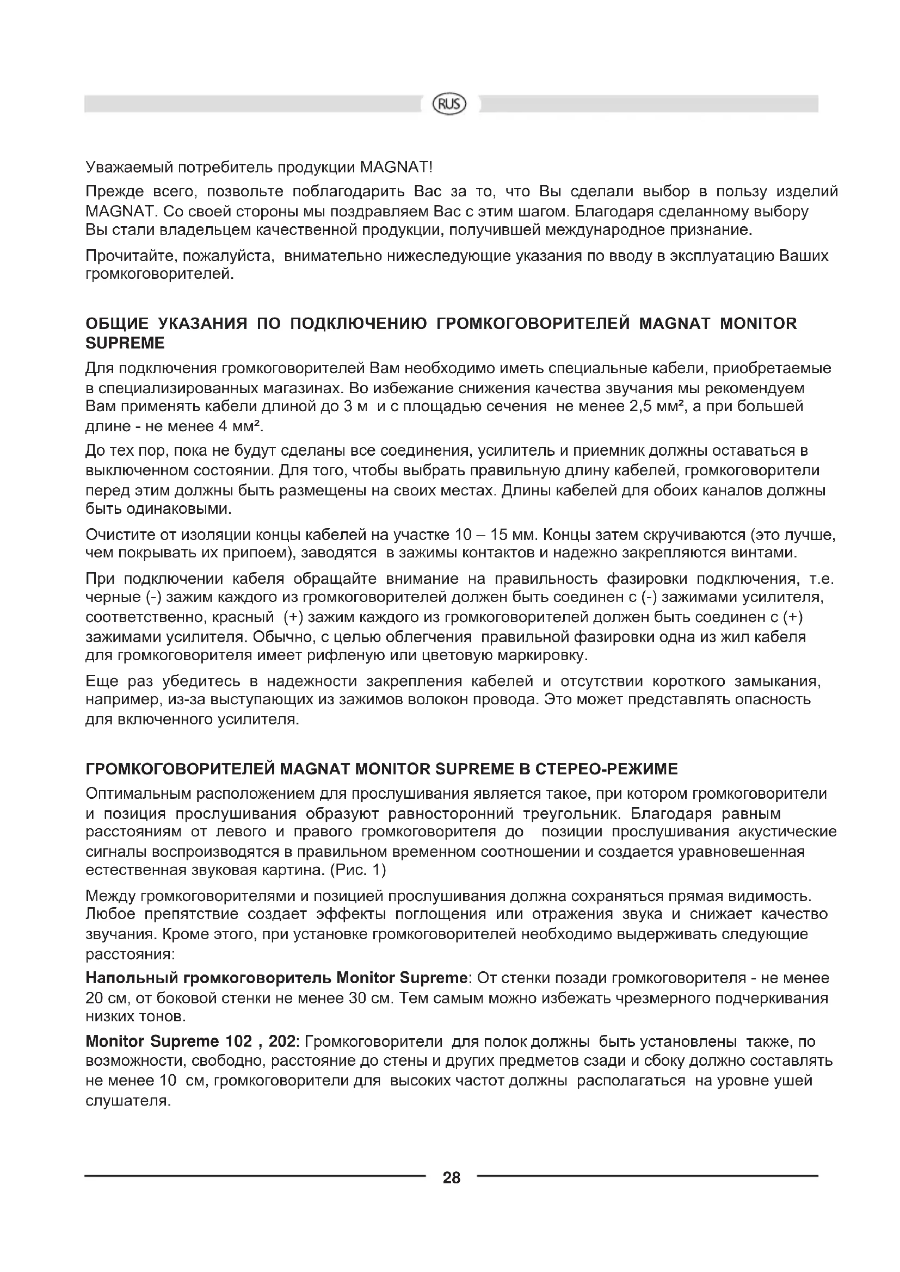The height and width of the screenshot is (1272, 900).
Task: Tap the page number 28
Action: pos(452,1177)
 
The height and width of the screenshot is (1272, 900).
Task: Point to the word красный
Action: pos(246,617)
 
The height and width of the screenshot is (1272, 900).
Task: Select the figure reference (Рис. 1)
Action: pos(357,870)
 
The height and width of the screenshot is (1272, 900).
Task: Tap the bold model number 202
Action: pos(282,1041)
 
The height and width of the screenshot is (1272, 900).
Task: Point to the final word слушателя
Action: pos(127,1100)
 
